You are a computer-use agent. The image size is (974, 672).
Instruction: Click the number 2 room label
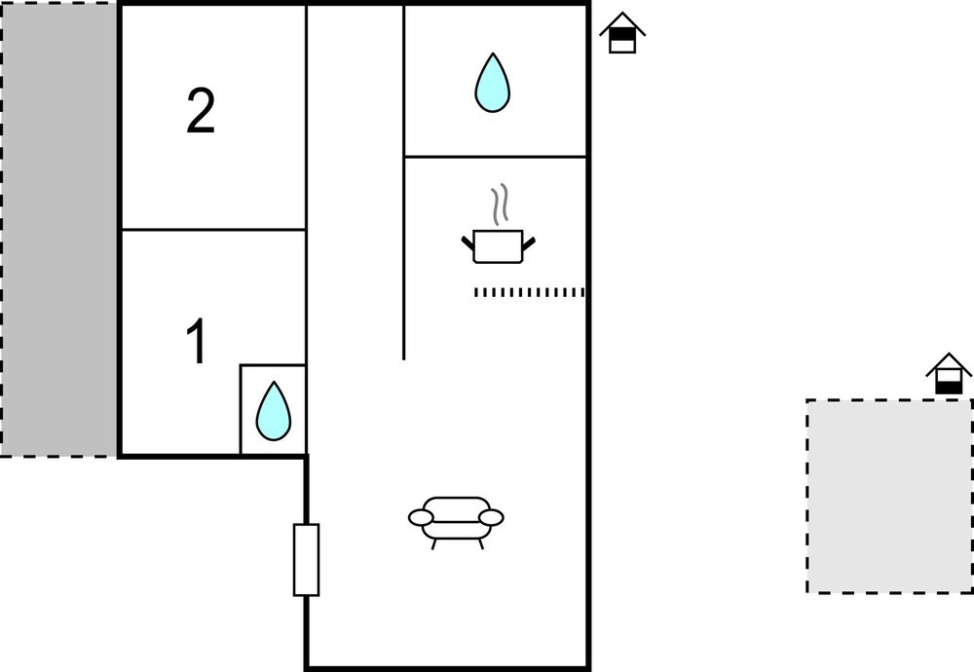click(x=201, y=113)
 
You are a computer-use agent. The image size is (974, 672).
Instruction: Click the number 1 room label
click(x=197, y=343)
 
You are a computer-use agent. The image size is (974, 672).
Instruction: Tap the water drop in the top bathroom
click(x=492, y=82)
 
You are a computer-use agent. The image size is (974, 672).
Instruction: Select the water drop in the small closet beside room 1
click(x=273, y=410)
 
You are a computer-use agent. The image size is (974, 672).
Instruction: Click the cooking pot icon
click(x=498, y=246)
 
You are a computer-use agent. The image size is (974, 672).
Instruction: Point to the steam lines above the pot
click(x=500, y=205)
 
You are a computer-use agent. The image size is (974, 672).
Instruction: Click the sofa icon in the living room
click(x=456, y=517)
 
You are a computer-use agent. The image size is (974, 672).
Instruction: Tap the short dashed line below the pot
click(x=528, y=292)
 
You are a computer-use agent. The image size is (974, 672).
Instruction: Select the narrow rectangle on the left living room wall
click(x=306, y=559)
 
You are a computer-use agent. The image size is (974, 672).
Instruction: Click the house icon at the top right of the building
click(x=622, y=33)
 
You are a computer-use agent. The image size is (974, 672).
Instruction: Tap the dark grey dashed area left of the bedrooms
click(x=59, y=229)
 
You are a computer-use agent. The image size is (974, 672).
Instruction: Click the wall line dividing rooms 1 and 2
click(x=213, y=230)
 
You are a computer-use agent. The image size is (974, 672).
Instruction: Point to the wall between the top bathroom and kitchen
click(x=495, y=156)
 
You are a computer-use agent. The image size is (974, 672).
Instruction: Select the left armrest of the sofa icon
click(x=421, y=517)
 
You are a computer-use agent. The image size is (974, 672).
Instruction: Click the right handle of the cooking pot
click(x=530, y=241)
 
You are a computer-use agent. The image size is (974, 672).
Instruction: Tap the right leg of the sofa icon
click(x=480, y=542)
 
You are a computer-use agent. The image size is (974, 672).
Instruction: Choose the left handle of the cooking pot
click(x=468, y=241)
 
